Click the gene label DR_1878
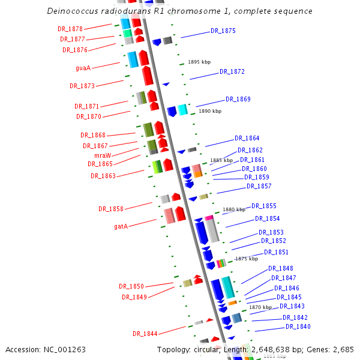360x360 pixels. pyautogui.click(x=70, y=28)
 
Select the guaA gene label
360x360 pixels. pyautogui.click(x=83, y=68)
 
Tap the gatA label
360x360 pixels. pyautogui.click(x=121, y=227)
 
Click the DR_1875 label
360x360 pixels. pyautogui.click(x=223, y=31)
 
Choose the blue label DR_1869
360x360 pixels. pyautogui.click(x=238, y=99)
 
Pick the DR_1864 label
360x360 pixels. pyautogui.click(x=247, y=138)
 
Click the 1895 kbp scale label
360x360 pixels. pyautogui.click(x=199, y=62)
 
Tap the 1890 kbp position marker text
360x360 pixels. pyautogui.click(x=210, y=111)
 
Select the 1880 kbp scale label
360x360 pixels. pyautogui.click(x=234, y=209)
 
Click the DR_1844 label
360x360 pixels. pyautogui.click(x=145, y=334)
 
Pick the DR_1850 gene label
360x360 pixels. pyautogui.click(x=131, y=286)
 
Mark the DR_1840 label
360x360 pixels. pyautogui.click(x=298, y=326)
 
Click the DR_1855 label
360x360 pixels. pyautogui.click(x=264, y=206)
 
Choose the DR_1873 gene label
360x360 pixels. pyautogui.click(x=82, y=86)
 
